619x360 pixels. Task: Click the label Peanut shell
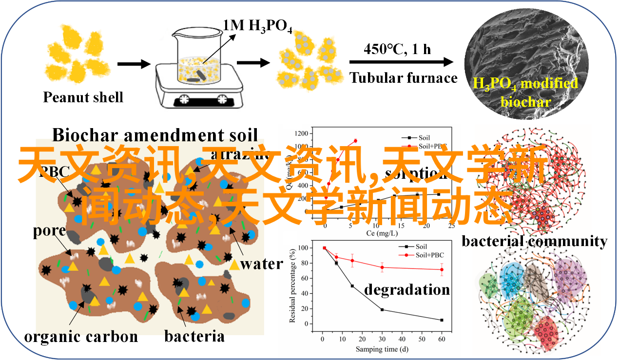[83, 97]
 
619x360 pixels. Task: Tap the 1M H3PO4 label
[257, 25]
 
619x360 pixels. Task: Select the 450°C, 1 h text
[397, 49]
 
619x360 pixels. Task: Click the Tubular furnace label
[404, 78]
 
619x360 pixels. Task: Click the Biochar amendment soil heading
[155, 135]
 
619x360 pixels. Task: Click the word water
[262, 264]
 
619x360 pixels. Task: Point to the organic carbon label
[81, 336]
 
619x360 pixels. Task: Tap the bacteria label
[194, 336]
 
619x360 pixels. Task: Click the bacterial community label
[534, 241]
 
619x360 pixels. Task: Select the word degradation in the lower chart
[407, 289]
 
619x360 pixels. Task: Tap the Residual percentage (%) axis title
[292, 285]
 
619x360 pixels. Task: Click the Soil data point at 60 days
[442, 320]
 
